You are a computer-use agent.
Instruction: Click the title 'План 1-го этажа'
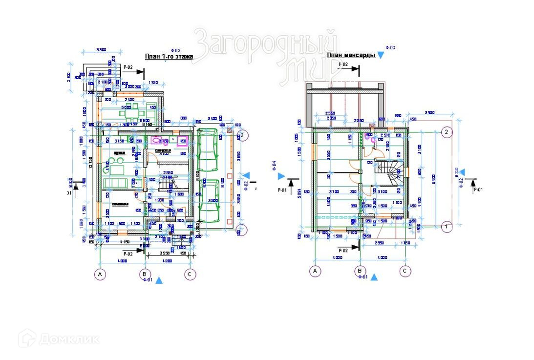click(169, 57)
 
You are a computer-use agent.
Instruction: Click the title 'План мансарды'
click(351, 56)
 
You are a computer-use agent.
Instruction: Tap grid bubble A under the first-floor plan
click(100, 274)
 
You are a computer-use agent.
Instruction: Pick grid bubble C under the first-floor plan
click(190, 274)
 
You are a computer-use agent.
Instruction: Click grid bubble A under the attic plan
click(315, 271)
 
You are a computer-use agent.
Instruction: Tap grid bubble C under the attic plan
click(405, 271)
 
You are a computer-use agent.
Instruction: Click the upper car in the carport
click(208, 149)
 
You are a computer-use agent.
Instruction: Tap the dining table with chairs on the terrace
click(131, 115)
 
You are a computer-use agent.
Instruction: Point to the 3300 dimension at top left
click(102, 50)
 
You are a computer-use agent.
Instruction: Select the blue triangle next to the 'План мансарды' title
click(381, 56)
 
